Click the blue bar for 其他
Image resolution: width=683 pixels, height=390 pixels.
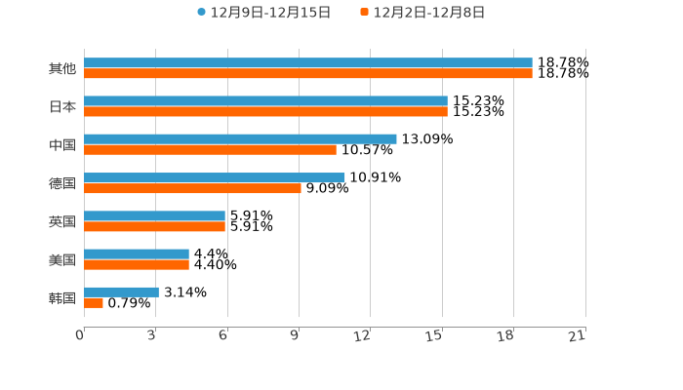tap(308, 62)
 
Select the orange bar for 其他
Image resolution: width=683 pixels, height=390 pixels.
tap(308, 73)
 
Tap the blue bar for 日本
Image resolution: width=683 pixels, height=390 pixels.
tap(265, 100)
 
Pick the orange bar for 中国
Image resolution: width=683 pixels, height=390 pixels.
tap(210, 149)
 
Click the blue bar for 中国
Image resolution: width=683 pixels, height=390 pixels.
tap(240, 138)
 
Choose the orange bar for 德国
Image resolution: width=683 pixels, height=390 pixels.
tap(192, 188)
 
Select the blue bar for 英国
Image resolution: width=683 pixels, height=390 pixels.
tap(154, 215)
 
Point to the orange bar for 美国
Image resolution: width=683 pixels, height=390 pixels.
tap(137, 264)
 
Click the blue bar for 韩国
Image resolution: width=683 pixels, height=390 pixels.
tap(121, 292)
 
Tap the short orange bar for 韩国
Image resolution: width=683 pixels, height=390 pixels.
tap(94, 302)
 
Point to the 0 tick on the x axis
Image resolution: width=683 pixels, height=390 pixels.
tap(80, 335)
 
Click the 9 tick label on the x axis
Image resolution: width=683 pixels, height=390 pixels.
tap(295, 335)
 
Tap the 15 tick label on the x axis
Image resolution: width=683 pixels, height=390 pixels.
tap(434, 335)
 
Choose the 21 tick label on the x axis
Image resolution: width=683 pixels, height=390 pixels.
tap(577, 335)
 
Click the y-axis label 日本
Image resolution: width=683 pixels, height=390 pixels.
tap(62, 106)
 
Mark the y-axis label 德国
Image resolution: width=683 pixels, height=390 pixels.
tap(62, 183)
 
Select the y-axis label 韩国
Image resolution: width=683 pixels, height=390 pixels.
tap(62, 297)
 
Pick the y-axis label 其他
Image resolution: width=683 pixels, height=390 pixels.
tap(62, 68)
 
